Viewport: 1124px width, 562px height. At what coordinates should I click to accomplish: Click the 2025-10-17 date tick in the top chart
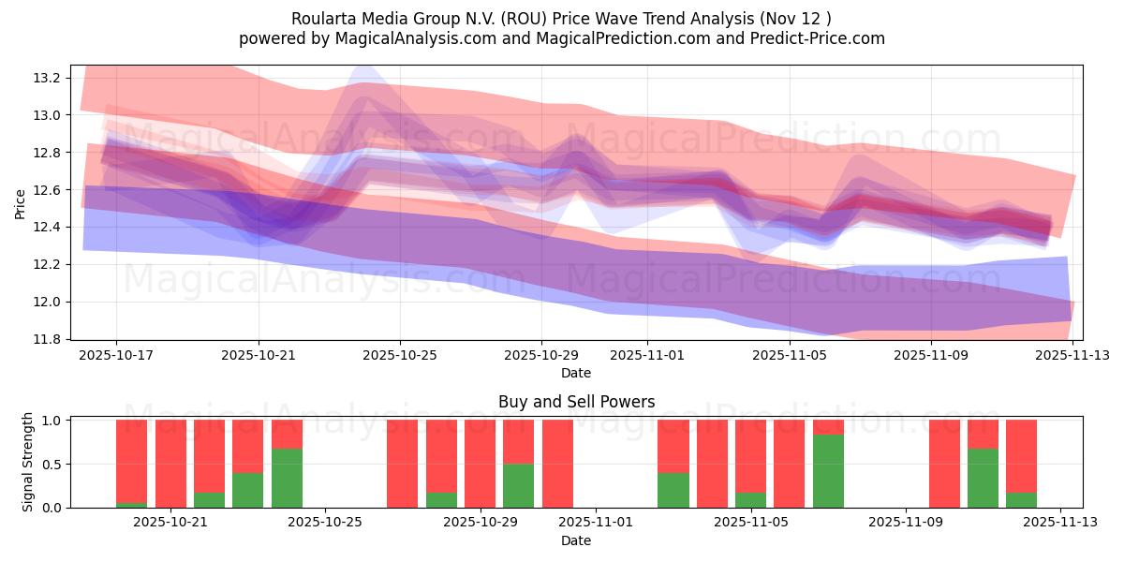[x=117, y=356]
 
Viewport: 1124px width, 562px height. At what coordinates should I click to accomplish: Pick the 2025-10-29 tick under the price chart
[x=541, y=356]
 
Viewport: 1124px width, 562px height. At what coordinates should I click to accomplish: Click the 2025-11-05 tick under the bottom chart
[x=751, y=524]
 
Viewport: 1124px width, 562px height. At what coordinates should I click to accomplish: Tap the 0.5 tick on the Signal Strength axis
[x=52, y=465]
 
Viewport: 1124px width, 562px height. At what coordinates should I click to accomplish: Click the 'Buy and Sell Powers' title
[x=576, y=403]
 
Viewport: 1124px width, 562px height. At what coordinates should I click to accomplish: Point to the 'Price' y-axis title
[x=21, y=202]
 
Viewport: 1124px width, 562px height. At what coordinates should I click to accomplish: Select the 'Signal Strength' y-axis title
[x=28, y=462]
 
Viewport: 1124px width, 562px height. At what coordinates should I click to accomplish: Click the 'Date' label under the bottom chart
[x=576, y=540]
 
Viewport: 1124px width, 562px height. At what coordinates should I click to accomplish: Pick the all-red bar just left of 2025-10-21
[x=170, y=464]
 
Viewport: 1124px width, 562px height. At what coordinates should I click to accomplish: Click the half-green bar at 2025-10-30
[x=518, y=485]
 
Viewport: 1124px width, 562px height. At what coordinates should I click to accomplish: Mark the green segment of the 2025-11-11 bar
[x=983, y=478]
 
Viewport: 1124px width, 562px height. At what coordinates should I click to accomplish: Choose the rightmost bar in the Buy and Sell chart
[x=1021, y=464]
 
